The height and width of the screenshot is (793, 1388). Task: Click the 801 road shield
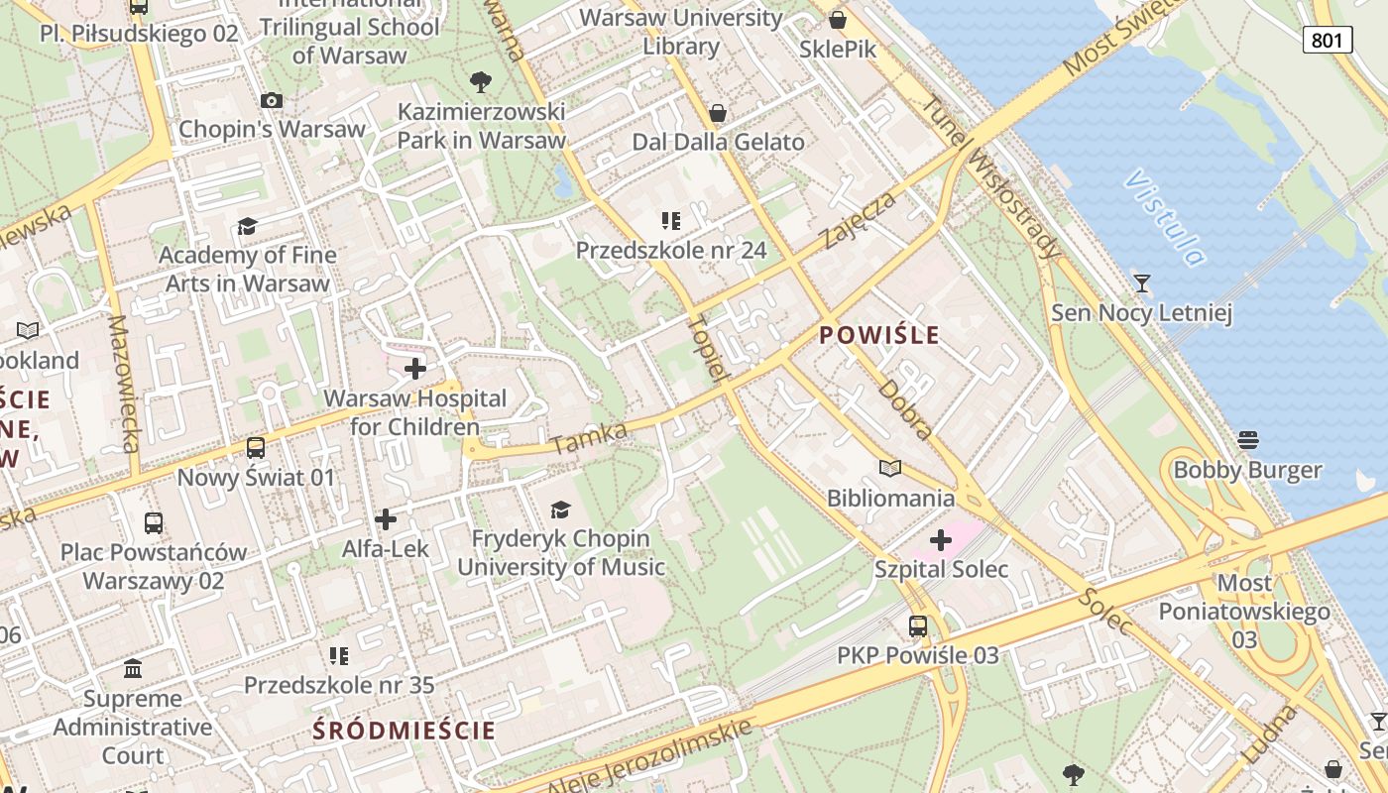tap(1328, 40)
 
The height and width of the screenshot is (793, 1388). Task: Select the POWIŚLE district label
tap(879, 335)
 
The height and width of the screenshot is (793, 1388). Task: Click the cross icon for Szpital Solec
tap(940, 540)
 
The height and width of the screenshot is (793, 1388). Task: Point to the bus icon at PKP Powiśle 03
tap(918, 626)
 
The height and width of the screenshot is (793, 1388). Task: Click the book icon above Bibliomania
tap(890, 468)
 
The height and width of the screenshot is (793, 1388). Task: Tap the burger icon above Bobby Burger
tap(1247, 439)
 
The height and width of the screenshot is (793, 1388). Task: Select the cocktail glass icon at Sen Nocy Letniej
tap(1142, 283)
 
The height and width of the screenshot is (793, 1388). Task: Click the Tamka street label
tap(590, 437)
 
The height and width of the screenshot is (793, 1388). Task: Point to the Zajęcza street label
tap(859, 220)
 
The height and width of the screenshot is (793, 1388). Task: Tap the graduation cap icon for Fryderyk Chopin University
tap(561, 510)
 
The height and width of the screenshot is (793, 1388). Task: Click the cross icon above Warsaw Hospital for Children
tap(415, 369)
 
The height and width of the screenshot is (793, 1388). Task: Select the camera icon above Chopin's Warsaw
tap(272, 100)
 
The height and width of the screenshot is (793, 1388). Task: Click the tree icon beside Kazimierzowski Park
tap(481, 81)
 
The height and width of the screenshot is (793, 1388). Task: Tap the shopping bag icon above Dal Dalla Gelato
tap(718, 113)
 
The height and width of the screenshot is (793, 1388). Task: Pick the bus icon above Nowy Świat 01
tap(256, 448)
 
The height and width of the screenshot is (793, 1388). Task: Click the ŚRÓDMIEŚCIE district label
tap(405, 732)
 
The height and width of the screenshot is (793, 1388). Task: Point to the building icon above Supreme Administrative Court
tap(133, 669)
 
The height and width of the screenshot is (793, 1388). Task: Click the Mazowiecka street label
tap(123, 384)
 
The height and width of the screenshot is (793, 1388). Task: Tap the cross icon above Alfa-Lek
tap(386, 518)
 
